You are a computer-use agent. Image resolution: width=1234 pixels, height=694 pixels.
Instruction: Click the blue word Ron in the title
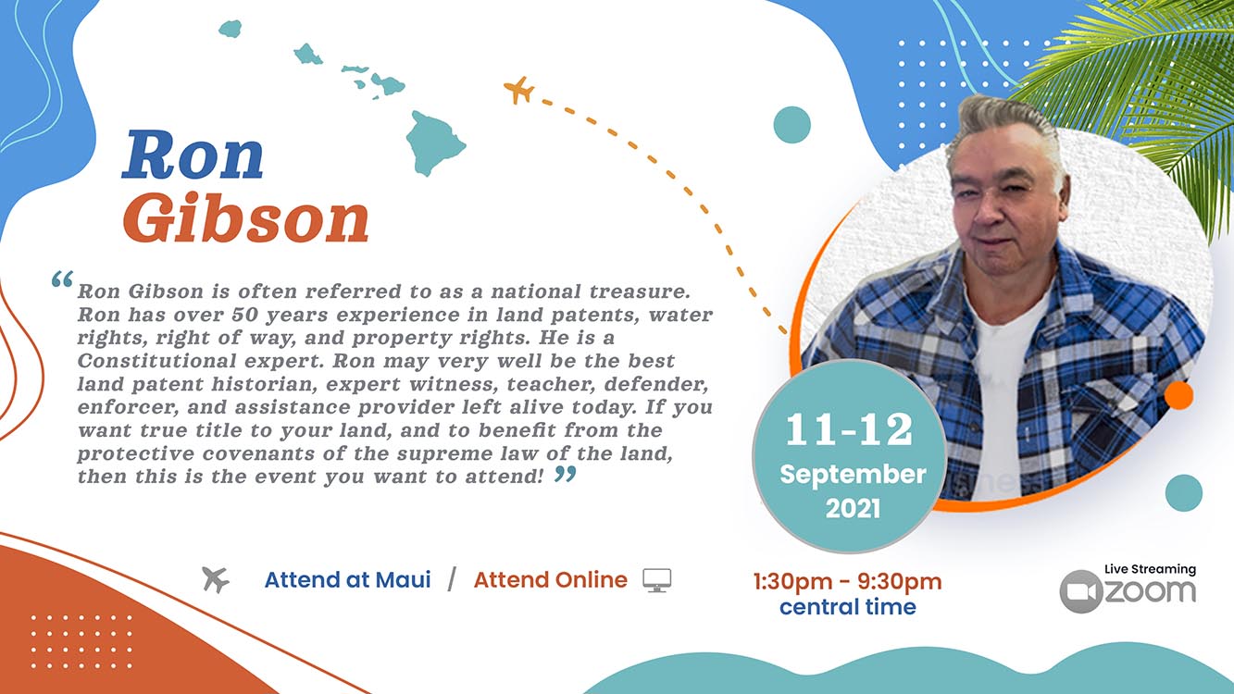193,155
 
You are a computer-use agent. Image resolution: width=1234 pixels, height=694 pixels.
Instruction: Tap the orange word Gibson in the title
245,218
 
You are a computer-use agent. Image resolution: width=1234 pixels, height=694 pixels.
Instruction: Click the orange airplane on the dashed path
518,90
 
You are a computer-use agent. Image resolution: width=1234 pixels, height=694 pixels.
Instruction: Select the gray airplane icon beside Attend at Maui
216,579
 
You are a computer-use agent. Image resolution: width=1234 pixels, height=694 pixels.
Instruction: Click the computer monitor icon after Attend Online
657,580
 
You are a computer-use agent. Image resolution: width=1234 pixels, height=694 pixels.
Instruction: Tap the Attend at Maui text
348,580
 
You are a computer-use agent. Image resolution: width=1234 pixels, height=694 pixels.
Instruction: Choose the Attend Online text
550,580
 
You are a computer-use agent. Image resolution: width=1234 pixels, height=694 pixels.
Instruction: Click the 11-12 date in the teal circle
849,429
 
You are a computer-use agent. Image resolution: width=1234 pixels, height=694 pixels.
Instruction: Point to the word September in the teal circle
853,475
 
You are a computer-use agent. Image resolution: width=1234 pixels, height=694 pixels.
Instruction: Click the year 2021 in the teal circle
853,508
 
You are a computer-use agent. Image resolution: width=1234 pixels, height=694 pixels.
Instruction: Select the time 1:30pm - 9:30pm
847,582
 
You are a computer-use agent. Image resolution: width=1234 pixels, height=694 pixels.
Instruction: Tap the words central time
848,607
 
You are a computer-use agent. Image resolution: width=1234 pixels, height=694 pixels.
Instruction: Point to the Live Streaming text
1151,569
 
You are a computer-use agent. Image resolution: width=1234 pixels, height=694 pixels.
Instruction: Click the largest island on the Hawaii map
435,143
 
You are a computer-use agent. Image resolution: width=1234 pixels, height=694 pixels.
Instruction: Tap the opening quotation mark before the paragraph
62,279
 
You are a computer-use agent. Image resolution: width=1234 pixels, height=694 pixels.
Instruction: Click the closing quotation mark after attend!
566,474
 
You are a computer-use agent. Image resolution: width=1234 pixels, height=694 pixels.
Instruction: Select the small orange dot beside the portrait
1178,395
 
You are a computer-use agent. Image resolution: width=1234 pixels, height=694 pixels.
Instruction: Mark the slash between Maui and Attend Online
453,579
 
